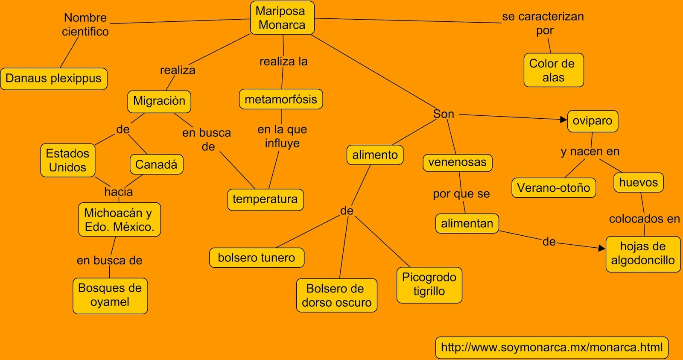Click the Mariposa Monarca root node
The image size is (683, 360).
pos(282,18)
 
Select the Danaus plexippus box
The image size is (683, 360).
pos(54,79)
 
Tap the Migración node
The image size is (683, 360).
pos(159,101)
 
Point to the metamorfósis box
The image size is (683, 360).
pos(281,100)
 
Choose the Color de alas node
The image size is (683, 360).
pos(553,70)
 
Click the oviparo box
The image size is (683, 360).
pos(593,121)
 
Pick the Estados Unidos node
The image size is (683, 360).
pos(68,160)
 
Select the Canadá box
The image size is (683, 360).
pos(156,164)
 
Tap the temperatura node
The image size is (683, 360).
pos(265,199)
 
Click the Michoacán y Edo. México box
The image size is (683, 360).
pos(119,220)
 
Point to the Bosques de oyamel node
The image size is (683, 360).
pos(110,296)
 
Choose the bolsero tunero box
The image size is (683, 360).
pos(257,258)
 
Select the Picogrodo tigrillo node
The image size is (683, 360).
pos(429,285)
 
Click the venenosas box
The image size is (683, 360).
pos(458,163)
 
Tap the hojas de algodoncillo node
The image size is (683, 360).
pos(643,254)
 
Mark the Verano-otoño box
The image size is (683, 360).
pos(554,188)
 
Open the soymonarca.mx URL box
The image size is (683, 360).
pos(552,347)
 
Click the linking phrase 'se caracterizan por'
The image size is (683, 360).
pos(543,23)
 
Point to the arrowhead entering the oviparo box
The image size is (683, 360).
pos(564,120)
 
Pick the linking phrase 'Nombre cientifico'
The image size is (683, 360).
pos(85,24)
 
